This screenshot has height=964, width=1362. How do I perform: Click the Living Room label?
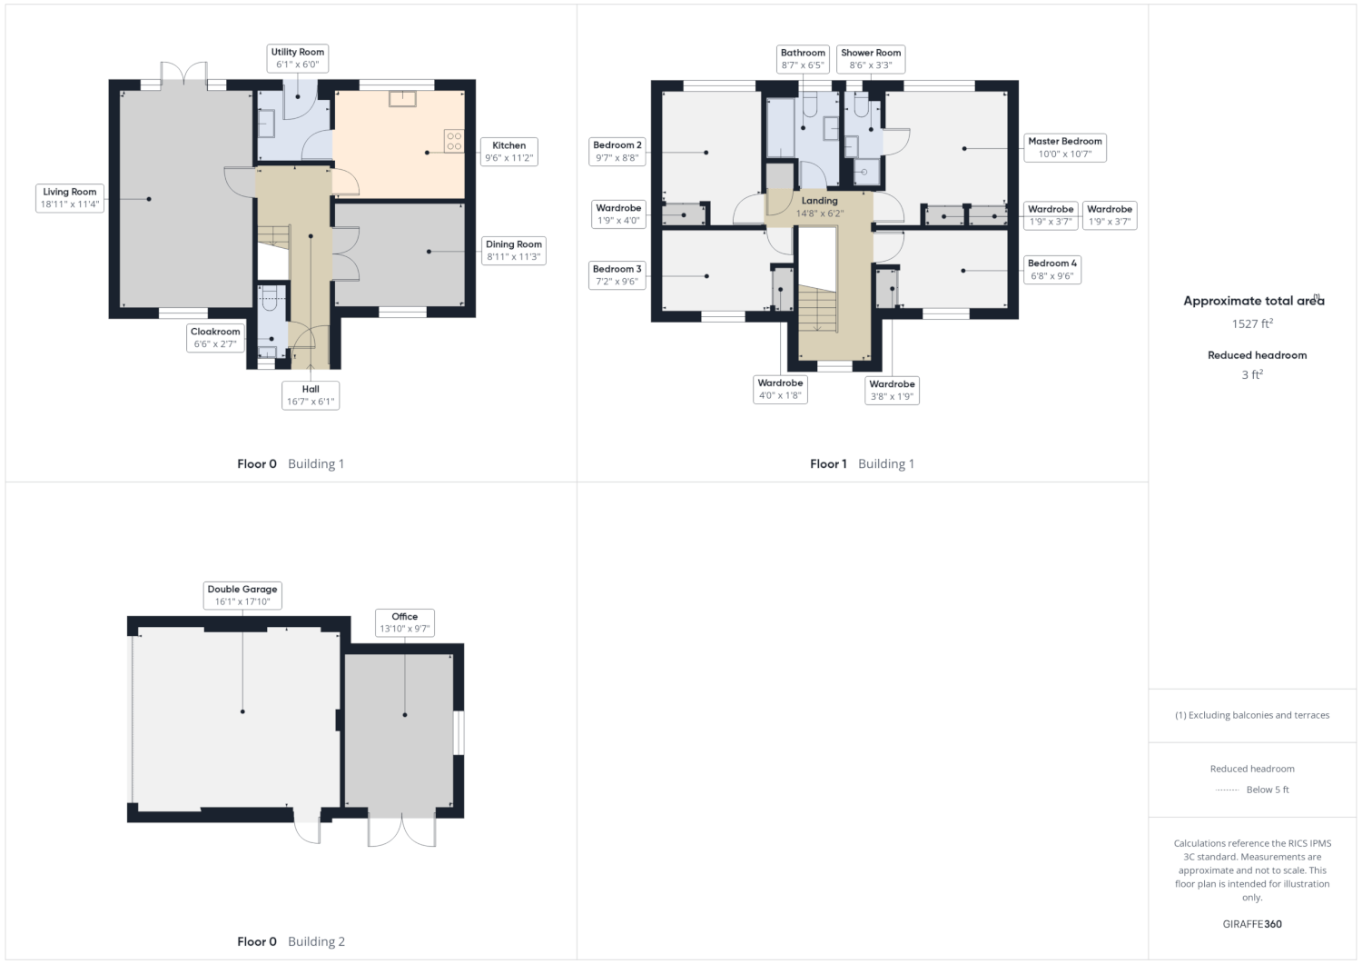point(69,198)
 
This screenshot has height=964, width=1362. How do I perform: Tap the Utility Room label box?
point(297,58)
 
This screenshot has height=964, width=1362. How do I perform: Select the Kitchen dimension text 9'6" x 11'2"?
point(508,158)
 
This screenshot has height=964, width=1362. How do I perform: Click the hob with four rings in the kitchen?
point(454,141)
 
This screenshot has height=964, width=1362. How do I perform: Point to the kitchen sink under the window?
point(402,99)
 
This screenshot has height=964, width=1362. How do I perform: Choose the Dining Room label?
point(514,250)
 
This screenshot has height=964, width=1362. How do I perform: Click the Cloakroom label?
point(215,338)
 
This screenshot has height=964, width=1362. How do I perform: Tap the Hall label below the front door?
point(311,395)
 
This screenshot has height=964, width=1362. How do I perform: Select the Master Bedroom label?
point(1065,147)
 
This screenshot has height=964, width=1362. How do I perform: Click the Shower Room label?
point(871,59)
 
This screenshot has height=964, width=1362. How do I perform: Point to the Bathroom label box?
point(804,59)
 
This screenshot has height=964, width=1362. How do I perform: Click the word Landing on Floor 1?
point(820,200)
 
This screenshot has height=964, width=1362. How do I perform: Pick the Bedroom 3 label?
point(617,275)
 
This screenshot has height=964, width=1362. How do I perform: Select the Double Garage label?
point(242,595)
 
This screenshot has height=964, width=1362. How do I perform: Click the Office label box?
point(405,622)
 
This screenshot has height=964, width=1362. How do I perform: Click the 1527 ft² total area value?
point(1252,323)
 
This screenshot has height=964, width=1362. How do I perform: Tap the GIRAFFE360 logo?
point(1252,924)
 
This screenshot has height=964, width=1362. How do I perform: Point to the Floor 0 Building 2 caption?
point(291,941)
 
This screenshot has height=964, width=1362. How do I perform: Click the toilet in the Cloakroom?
point(270,298)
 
